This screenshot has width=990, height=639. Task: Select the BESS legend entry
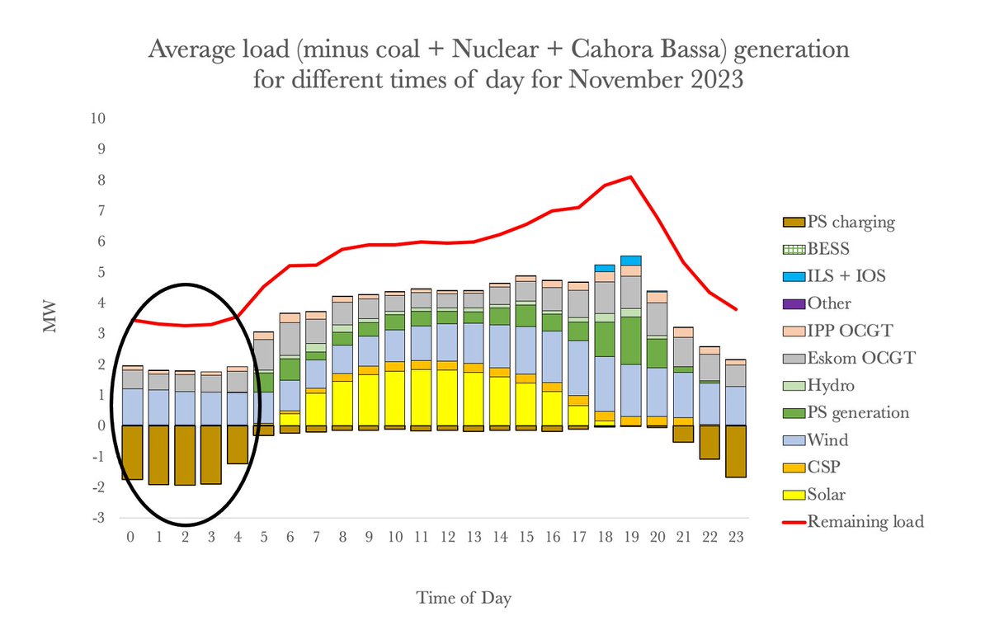click(828, 249)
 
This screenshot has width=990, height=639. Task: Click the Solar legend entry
click(827, 495)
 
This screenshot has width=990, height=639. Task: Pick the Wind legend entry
click(827, 440)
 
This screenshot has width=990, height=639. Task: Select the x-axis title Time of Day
click(463, 598)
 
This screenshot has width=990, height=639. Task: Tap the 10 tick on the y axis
click(97, 119)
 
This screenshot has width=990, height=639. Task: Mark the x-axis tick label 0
click(132, 538)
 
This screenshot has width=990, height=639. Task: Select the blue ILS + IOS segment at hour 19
click(631, 261)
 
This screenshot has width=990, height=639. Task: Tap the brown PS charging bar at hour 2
click(185, 455)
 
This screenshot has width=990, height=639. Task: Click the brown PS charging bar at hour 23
click(736, 451)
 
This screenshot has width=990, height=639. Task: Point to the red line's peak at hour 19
click(631, 176)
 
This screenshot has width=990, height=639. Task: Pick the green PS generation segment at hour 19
click(631, 341)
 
